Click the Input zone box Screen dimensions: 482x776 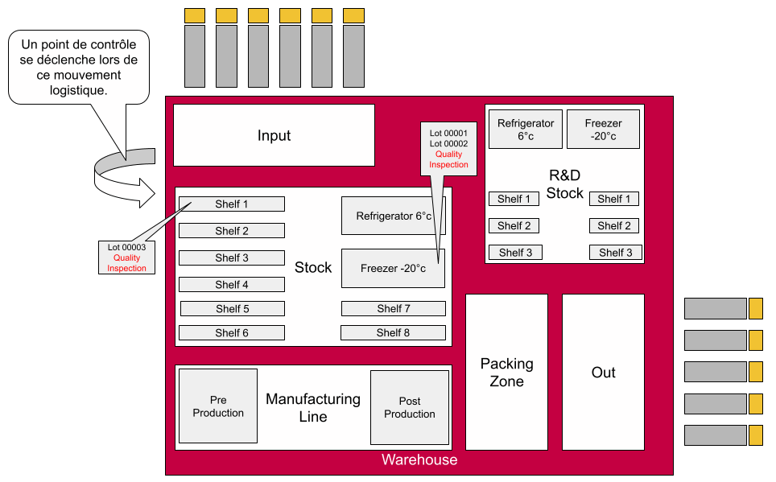(274, 135)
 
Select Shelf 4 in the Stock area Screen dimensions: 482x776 (232, 285)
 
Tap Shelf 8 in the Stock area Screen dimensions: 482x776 (393, 332)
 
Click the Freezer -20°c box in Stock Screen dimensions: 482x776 (393, 269)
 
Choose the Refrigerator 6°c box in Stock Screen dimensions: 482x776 (393, 216)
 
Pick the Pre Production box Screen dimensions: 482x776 (218, 406)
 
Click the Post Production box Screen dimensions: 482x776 (409, 407)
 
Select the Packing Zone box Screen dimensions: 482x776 (506, 373)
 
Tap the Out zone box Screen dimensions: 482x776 (603, 373)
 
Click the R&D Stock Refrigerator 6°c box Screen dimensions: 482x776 (526, 130)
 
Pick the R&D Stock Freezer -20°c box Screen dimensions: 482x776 (603, 130)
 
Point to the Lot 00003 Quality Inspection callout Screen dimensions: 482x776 (126, 257)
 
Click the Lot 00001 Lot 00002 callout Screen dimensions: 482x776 (448, 148)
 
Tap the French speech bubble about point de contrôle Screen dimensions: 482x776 (78, 68)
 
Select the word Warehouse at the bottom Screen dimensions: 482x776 (419, 460)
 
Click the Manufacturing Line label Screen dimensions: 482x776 (313, 407)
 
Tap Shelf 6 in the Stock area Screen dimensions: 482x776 (232, 332)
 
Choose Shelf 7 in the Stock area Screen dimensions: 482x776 (393, 308)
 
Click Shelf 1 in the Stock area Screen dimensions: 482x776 (232, 204)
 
